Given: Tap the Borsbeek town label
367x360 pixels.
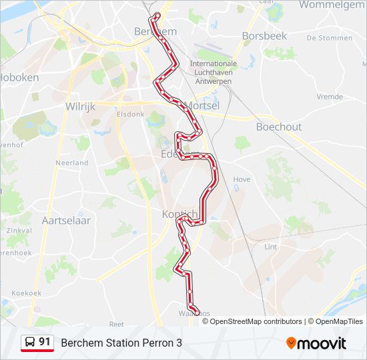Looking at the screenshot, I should [x=265, y=35].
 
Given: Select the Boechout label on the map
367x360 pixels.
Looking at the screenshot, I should [x=279, y=127].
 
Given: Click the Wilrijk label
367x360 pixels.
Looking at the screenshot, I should [x=81, y=106].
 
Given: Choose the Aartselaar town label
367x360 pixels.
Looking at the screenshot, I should [x=66, y=219].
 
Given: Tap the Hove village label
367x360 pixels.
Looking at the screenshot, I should [x=242, y=179].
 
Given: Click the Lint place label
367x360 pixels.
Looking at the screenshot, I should [x=271, y=247].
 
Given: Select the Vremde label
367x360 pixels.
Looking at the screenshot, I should [x=329, y=97].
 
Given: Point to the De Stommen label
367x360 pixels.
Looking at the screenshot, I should [x=329, y=38].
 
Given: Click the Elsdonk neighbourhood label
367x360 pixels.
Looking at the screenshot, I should [x=130, y=114].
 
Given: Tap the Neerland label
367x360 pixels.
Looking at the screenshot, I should [x=72, y=163].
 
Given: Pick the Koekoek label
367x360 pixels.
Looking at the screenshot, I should [x=27, y=293].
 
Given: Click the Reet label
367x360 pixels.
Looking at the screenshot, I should [x=116, y=324].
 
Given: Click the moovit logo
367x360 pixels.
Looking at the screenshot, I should [x=316, y=343].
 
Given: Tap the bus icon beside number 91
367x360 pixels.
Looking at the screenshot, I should [x=30, y=343].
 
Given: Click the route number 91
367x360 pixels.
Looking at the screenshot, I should [x=45, y=342].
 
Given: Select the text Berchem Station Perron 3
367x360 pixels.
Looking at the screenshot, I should [x=121, y=343].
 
